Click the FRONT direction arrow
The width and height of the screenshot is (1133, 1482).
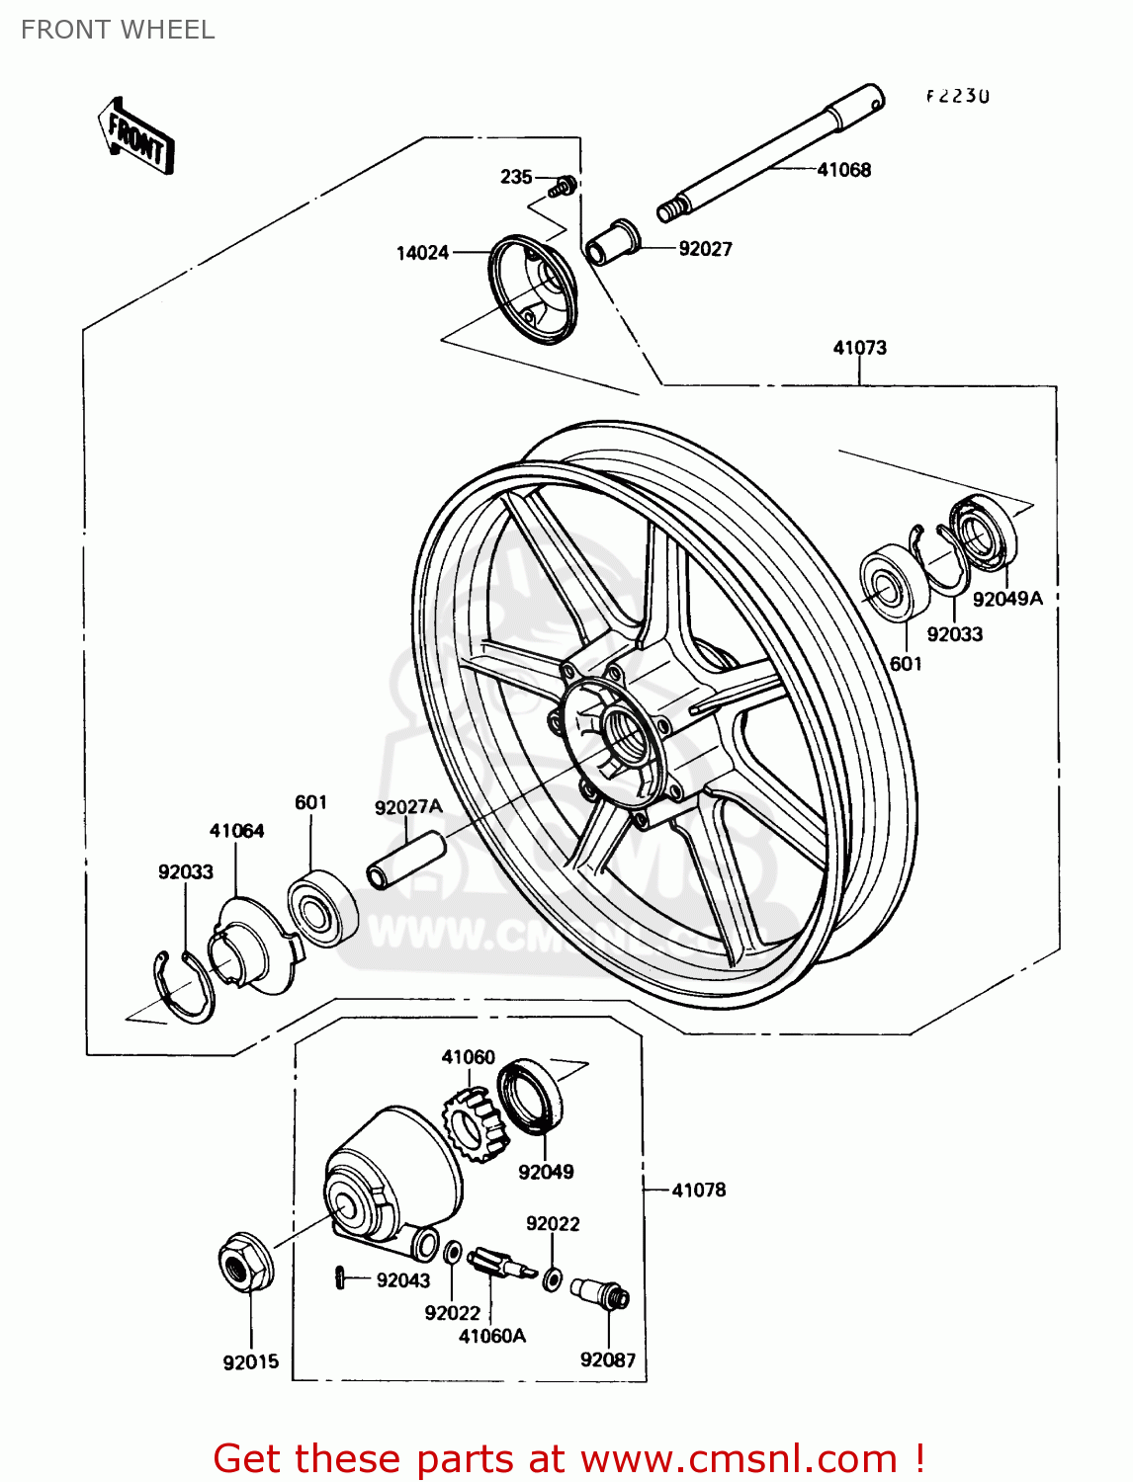click(x=135, y=137)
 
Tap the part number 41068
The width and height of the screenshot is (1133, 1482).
click(x=843, y=170)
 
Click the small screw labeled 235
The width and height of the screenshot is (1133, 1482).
click(x=566, y=184)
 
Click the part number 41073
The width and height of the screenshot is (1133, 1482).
click(x=859, y=348)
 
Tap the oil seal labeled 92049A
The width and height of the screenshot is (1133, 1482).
click(x=983, y=534)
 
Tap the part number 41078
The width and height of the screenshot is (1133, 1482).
click(x=698, y=1191)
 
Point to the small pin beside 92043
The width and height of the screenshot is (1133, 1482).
click(x=339, y=1277)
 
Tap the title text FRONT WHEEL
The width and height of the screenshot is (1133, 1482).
click(x=118, y=30)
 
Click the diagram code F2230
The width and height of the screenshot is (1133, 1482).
click(x=957, y=96)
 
